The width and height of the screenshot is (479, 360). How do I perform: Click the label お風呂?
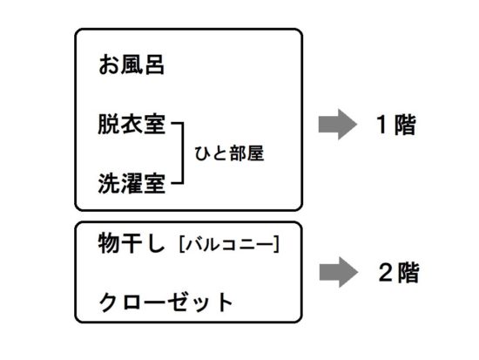[132, 65]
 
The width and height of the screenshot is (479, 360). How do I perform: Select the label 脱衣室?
[132, 124]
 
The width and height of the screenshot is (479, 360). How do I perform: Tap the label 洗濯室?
[132, 183]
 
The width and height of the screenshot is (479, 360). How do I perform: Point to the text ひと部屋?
[229, 153]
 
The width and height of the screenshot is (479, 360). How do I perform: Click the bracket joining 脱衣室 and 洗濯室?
[183, 153]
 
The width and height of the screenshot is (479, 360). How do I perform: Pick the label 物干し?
[132, 243]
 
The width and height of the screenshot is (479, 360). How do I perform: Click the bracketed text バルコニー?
[229, 244]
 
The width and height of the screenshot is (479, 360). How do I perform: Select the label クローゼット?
[165, 302]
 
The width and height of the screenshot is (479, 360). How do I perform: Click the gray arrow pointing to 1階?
[338, 124]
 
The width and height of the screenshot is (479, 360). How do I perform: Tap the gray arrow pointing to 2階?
[339, 272]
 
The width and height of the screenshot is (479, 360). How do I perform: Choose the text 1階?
[396, 125]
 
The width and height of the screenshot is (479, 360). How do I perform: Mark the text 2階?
[399, 273]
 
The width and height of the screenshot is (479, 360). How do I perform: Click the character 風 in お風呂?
[132, 65]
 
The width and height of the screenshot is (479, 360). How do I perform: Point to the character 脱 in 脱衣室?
[109, 124]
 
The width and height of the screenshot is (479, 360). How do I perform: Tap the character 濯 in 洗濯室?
[132, 183]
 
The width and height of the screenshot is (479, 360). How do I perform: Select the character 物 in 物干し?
[109, 243]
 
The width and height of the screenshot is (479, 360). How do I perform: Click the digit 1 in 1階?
[382, 124]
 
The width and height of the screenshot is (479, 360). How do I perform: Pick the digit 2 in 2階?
[386, 272]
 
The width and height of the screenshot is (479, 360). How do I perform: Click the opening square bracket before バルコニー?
[182, 244]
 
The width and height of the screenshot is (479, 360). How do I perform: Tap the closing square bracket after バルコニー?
[277, 244]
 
